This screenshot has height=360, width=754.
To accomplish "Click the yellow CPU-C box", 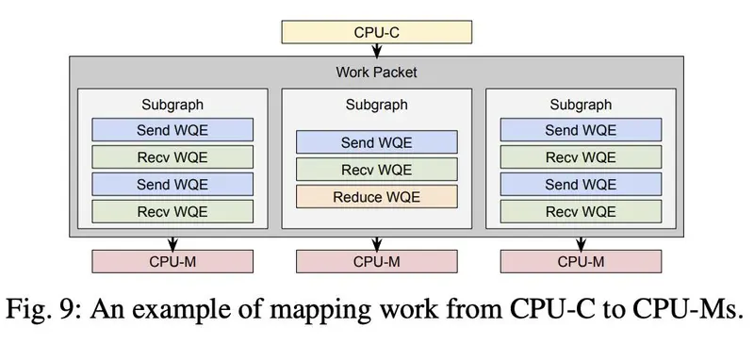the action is [376, 32].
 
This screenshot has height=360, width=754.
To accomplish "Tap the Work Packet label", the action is [376, 73].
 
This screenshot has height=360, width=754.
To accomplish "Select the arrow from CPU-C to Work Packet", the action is [376, 50].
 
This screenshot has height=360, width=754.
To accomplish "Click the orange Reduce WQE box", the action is [376, 197].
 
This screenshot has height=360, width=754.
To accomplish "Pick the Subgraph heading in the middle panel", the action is [376, 105].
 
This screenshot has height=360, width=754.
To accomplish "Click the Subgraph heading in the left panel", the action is [172, 105].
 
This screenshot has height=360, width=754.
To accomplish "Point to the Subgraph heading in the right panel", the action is [581, 105].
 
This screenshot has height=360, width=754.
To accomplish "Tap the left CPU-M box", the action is [172, 261].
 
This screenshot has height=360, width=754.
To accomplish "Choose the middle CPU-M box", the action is [376, 261].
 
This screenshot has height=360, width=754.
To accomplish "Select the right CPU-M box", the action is [581, 261].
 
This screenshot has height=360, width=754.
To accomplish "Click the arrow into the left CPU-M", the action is [172, 243].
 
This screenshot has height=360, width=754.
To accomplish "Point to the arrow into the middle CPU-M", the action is [376, 243].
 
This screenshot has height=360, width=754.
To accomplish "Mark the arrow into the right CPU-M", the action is [581, 243].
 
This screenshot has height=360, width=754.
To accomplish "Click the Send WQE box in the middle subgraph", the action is [376, 142].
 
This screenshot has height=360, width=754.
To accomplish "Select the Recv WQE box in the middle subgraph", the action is [376, 170].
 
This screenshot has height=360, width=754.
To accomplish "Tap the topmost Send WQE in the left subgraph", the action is [172, 130].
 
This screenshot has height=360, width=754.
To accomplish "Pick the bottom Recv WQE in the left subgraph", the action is [172, 211].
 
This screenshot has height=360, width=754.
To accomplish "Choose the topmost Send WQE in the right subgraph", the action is [581, 130].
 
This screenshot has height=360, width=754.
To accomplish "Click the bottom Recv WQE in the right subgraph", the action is [581, 211].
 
